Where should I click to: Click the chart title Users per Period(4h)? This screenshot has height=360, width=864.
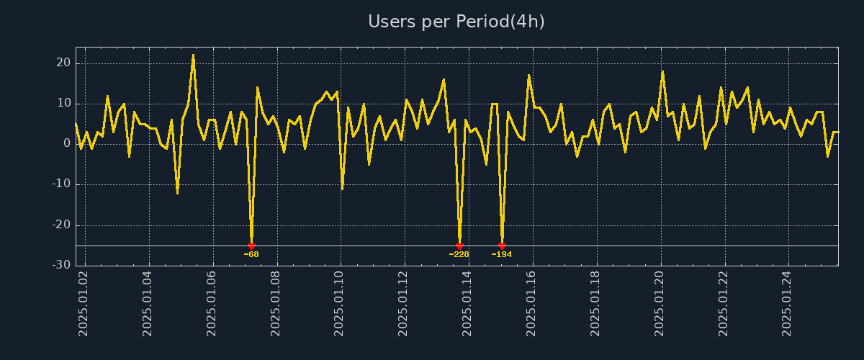[456, 22]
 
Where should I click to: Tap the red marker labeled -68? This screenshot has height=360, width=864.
[251, 246]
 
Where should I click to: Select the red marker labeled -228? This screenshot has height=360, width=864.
[459, 246]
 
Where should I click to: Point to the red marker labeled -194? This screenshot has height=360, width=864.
[502, 246]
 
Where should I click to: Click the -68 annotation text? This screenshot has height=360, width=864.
[251, 254]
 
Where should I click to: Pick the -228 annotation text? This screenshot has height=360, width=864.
[459, 254]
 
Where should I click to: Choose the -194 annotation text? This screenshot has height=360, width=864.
[502, 254]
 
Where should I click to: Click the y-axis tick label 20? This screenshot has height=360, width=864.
[63, 63]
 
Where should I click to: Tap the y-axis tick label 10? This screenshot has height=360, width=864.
[63, 103]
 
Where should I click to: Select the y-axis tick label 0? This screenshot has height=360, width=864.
[66, 143]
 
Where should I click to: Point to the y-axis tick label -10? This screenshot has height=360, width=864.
[60, 184]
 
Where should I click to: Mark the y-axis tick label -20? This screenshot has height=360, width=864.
[60, 225]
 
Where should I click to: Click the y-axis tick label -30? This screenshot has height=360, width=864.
[60, 265]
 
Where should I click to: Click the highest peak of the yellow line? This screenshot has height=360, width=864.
[193, 55]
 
